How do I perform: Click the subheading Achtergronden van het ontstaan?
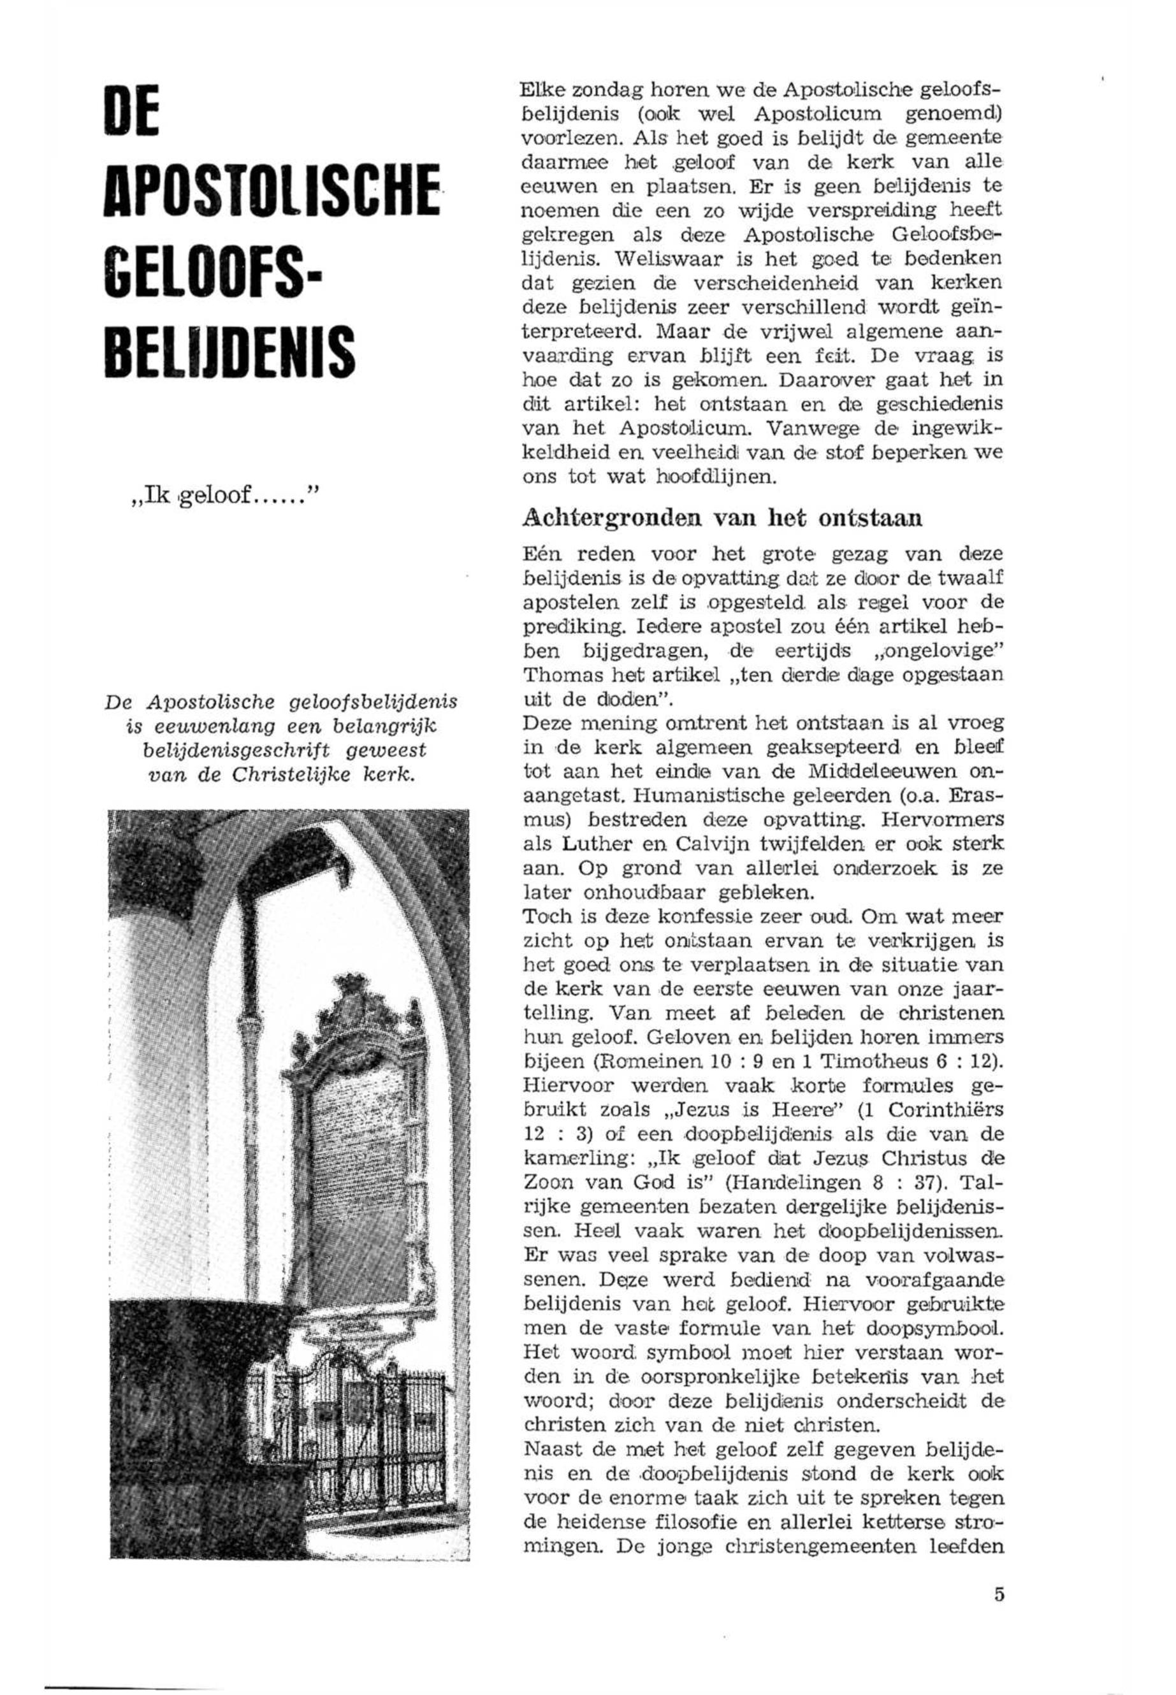click(722, 518)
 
